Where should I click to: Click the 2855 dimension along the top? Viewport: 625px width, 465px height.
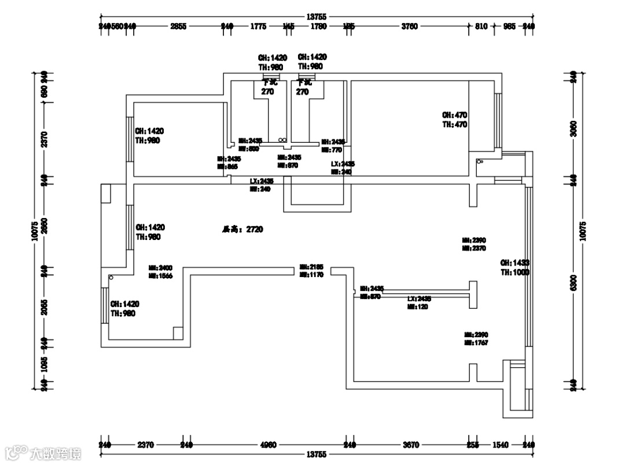[x=178, y=26]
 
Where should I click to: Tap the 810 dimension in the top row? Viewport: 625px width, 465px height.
[x=481, y=26]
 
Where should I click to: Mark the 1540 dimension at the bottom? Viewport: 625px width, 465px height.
[x=501, y=445]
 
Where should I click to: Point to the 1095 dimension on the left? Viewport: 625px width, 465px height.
[x=43, y=363]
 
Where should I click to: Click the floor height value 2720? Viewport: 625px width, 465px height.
[x=255, y=230]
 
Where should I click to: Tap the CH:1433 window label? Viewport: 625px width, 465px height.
[x=515, y=263]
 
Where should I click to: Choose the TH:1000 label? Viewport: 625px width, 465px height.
[x=515, y=272]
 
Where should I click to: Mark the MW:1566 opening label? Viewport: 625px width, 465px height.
[x=160, y=276]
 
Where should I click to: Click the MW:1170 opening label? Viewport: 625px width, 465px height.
[x=311, y=275]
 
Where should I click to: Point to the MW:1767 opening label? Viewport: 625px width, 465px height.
[x=475, y=343]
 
